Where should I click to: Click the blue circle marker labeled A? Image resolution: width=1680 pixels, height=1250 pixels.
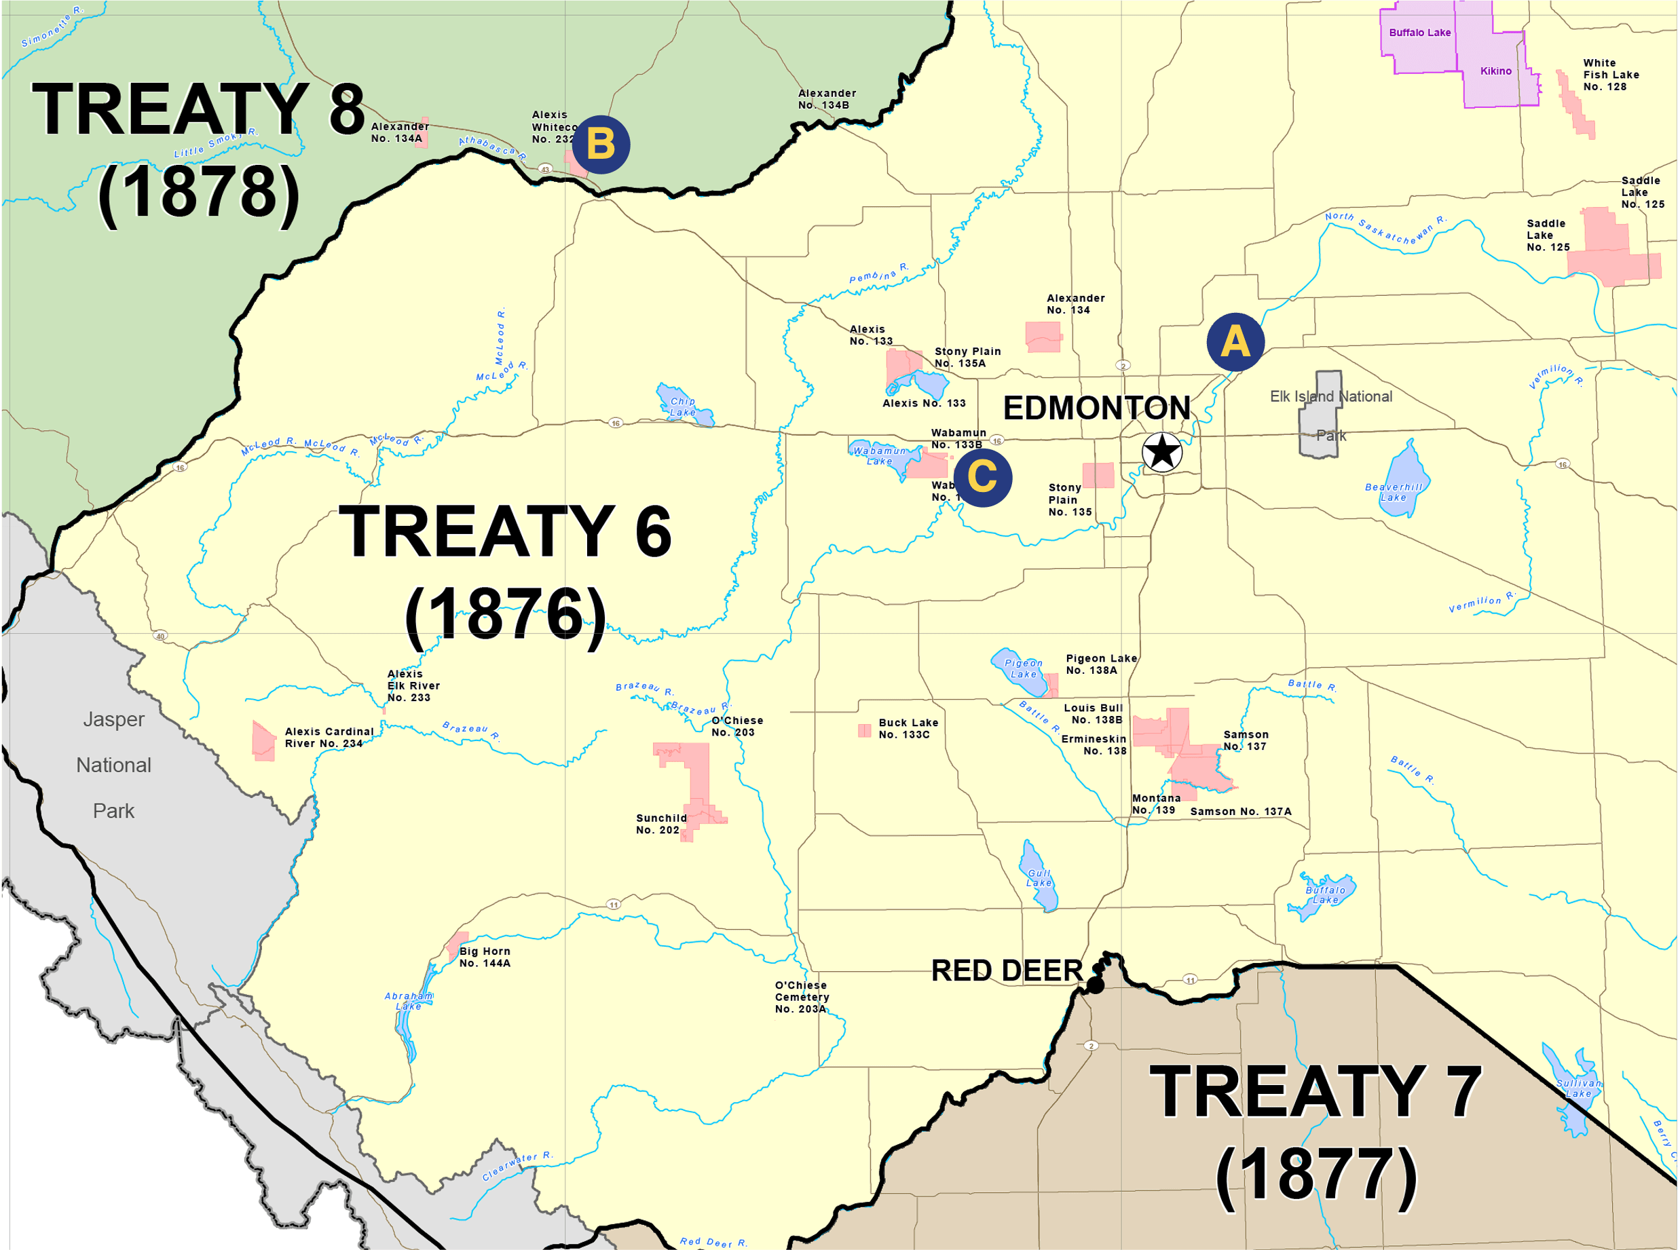1235,341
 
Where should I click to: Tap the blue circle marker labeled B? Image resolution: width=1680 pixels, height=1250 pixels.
601,145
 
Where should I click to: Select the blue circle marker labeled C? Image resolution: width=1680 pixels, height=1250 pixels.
982,478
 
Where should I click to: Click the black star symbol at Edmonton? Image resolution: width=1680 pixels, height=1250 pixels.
1161,453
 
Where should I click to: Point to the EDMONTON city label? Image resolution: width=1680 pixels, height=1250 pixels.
1096,409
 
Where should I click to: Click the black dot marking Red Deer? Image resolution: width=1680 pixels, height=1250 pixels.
1095,985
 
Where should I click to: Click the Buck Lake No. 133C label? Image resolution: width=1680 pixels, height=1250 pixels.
908,729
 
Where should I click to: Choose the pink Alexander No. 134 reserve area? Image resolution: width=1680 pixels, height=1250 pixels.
1043,337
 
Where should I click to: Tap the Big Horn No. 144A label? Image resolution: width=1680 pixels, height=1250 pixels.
485,957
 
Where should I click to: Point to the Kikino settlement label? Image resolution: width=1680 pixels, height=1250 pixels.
1495,71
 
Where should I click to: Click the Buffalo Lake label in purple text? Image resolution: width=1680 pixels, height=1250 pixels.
1419,33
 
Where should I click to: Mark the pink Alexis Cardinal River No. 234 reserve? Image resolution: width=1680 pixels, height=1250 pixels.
263,742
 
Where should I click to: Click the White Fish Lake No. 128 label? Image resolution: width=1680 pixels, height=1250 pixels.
1610,75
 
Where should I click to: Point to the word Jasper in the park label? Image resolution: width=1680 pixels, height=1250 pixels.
113,719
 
